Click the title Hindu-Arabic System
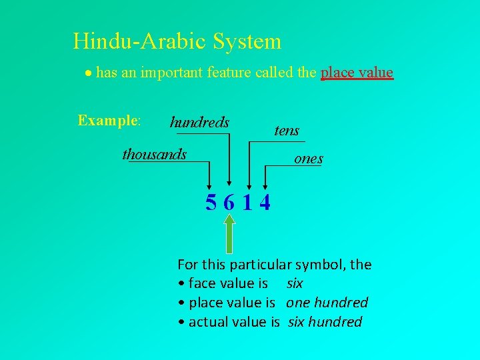[177, 41]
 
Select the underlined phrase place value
[357, 72]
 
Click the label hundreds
[199, 123]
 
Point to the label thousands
[155, 155]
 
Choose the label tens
[287, 131]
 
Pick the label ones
[309, 159]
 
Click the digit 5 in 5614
[211, 201]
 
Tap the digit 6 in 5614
[229, 201]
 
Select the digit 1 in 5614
[247, 201]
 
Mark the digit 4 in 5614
[265, 201]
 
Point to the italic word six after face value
[295, 283]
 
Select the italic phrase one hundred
[327, 303]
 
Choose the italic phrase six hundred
[325, 322]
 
